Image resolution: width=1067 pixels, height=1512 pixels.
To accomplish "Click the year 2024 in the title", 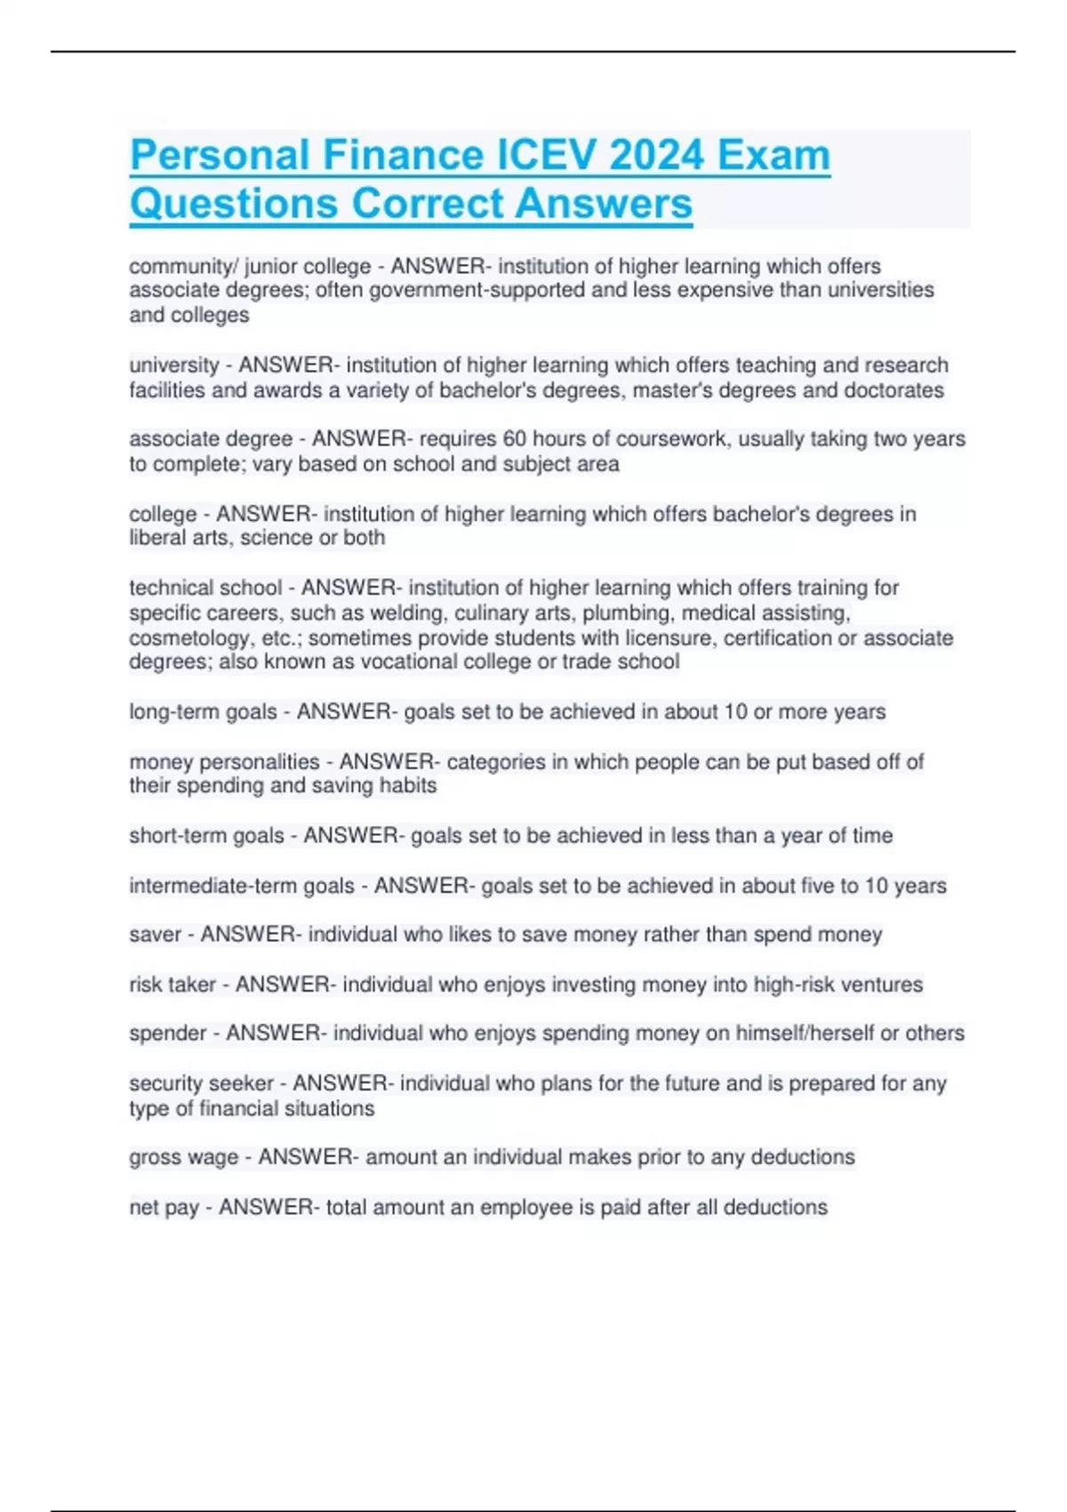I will point(657,156).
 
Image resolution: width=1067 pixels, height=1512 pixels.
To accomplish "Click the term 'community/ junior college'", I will point(250,267).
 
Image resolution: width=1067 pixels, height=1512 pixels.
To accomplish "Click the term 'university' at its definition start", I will point(174,366).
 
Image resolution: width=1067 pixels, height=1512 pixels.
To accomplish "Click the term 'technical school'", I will point(205,588).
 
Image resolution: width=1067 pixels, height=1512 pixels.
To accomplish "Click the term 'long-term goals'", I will point(203,712).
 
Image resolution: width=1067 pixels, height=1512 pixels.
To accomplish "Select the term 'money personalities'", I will point(224,762).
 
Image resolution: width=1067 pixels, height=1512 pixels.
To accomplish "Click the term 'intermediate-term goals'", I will point(242,887).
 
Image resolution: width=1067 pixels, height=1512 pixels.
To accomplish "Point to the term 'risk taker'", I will point(172,985).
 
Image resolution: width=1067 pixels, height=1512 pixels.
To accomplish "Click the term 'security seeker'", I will point(201,1084).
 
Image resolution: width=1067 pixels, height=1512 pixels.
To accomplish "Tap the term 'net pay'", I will point(164,1208).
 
